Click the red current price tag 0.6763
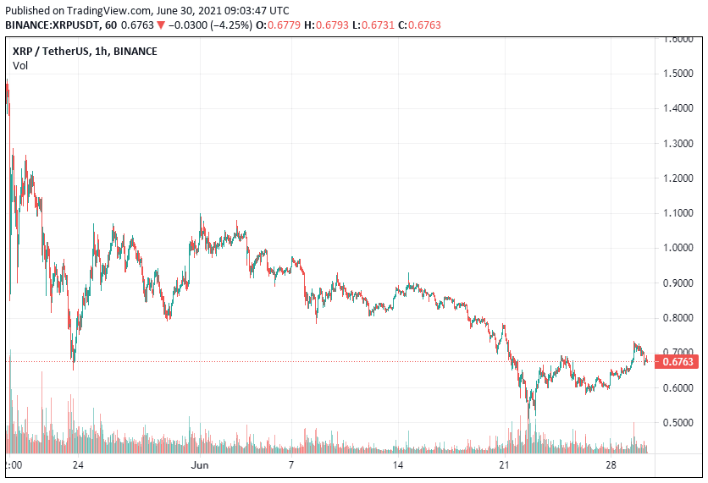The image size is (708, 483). click(678, 362)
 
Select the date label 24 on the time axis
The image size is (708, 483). click(77, 465)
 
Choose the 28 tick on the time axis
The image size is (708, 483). click(611, 465)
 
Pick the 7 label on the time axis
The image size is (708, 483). click(290, 465)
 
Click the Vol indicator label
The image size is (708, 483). click(19, 65)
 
